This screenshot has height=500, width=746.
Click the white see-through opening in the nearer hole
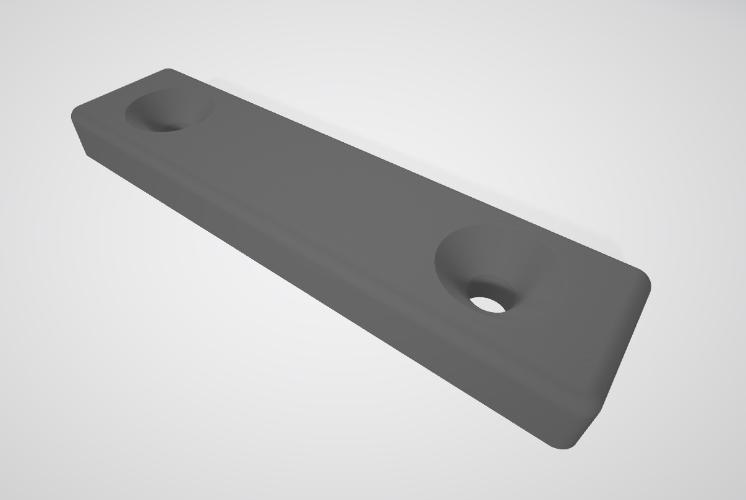click(487, 304)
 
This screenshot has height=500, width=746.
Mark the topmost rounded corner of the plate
click(168, 70)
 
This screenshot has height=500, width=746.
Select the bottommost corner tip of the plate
click(560, 446)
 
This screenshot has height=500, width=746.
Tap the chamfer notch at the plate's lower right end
click(591, 426)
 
